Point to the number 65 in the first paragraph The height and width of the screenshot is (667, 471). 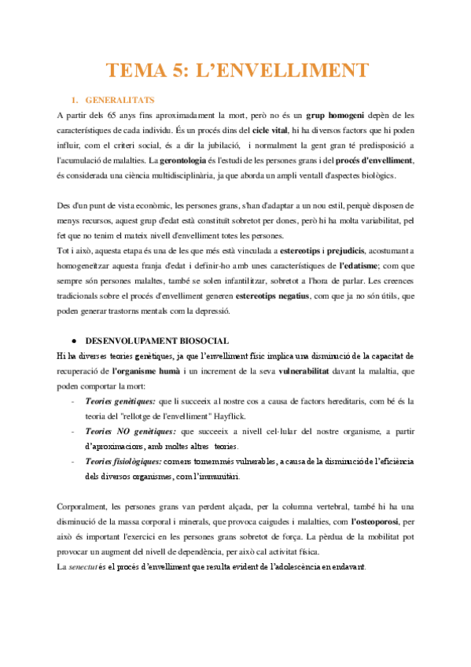[x=125, y=115]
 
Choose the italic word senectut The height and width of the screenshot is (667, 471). [x=85, y=567]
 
